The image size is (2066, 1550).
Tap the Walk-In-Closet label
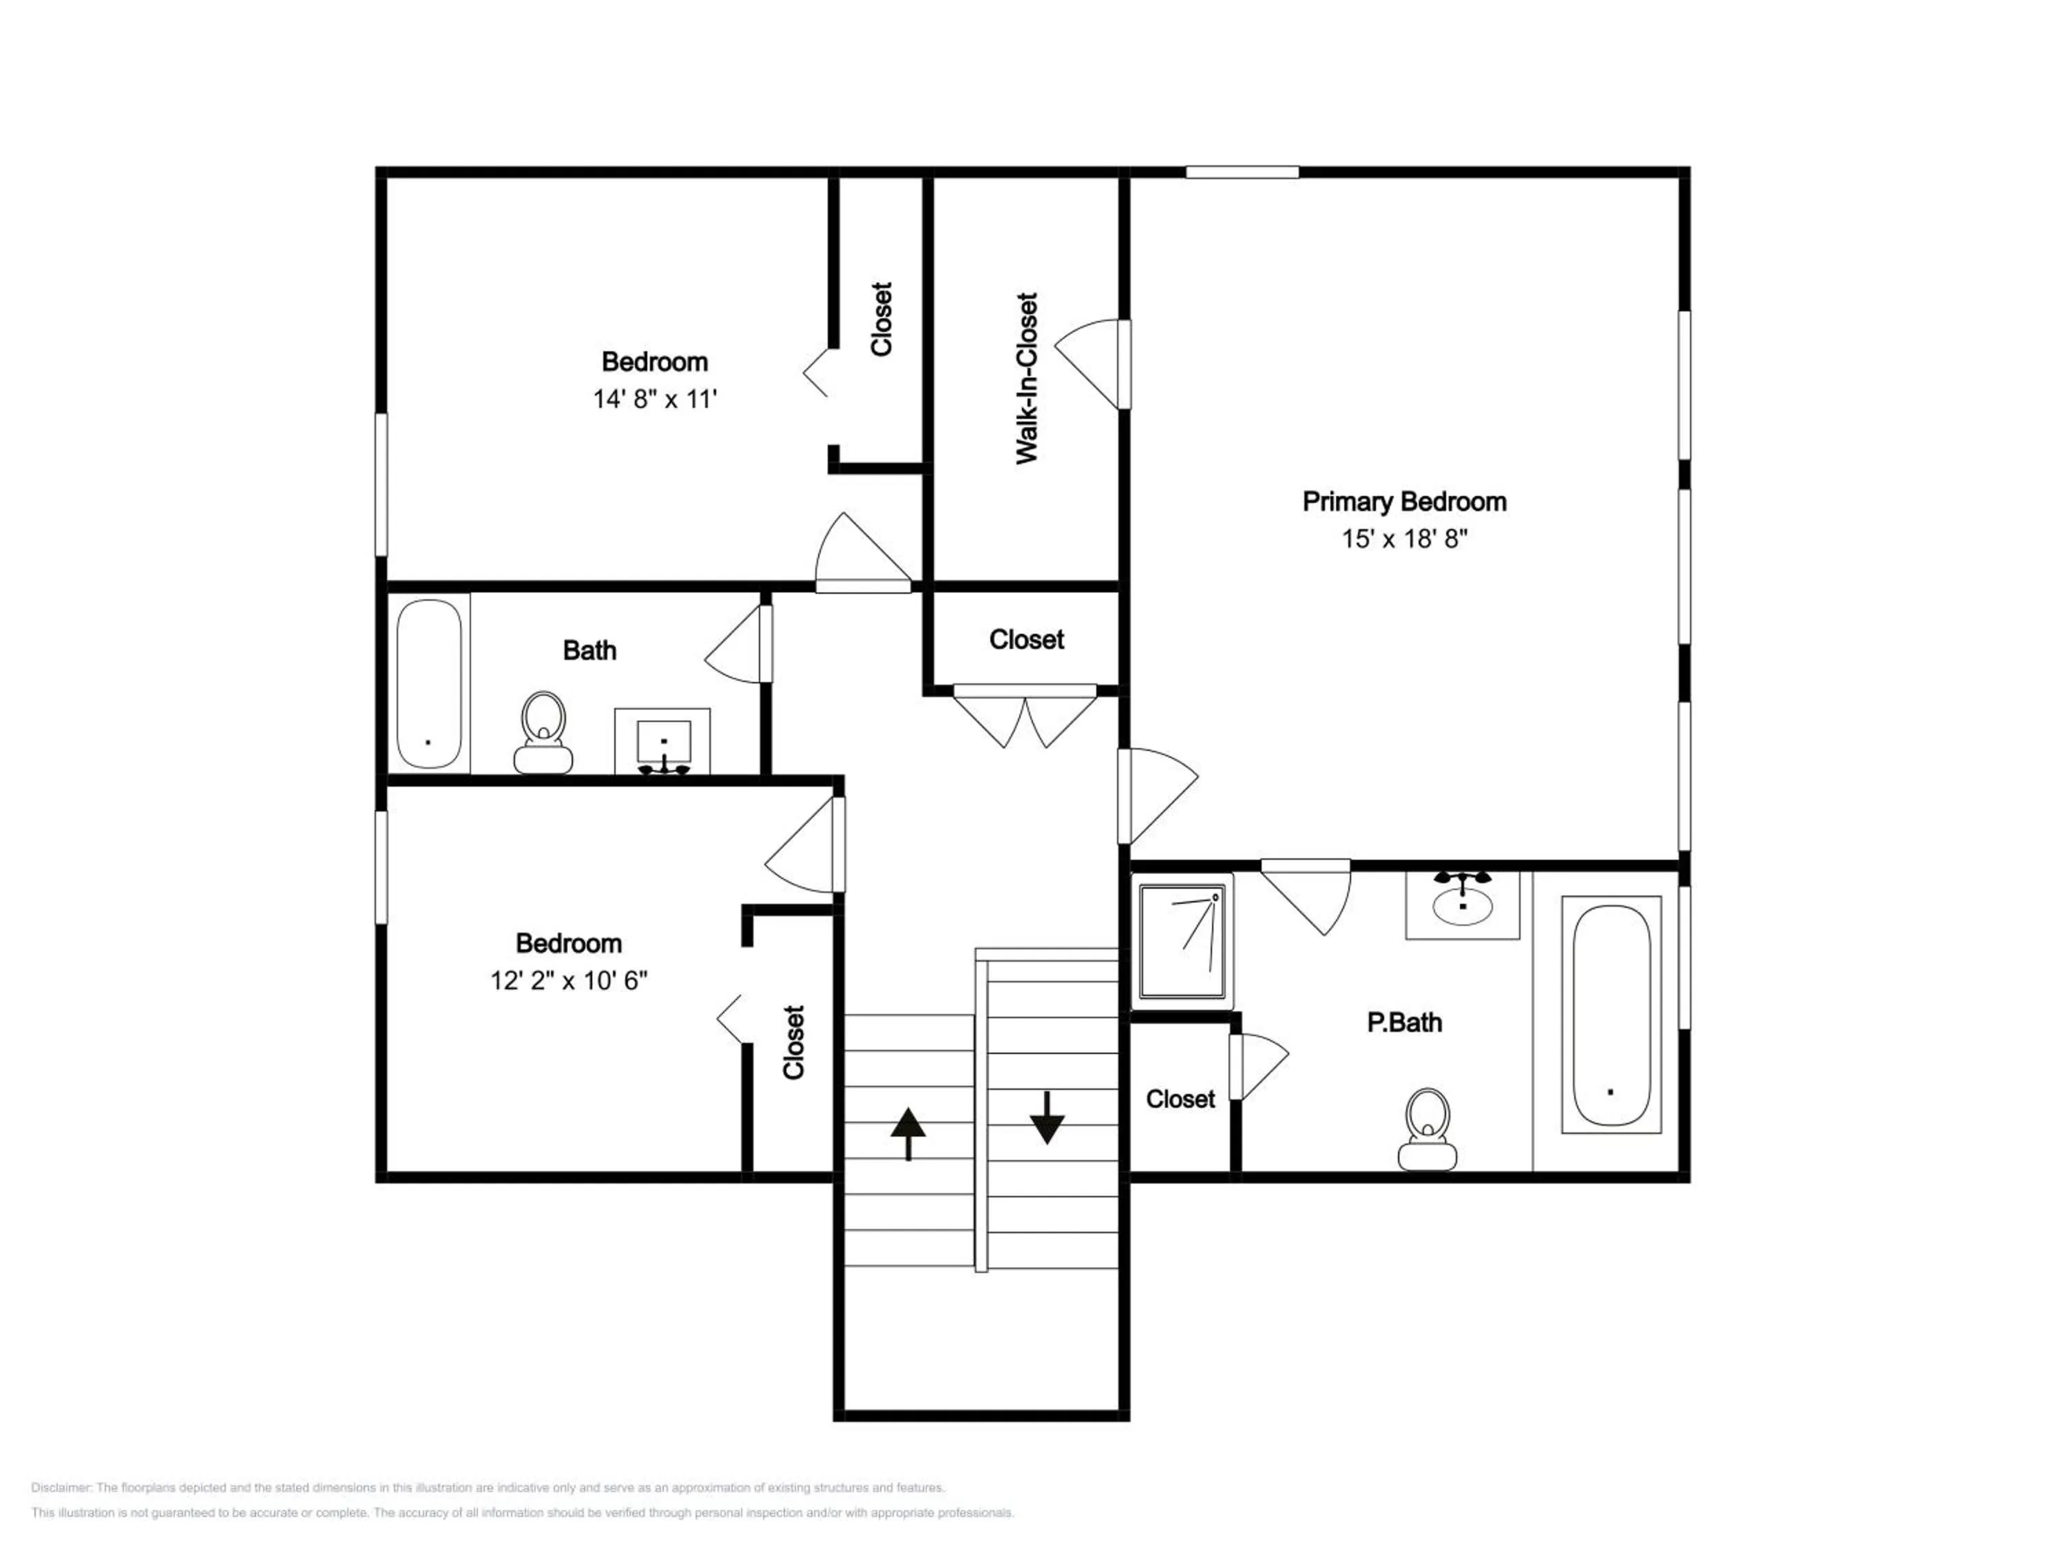coord(1027,378)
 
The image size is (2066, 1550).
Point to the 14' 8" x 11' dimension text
coord(655,400)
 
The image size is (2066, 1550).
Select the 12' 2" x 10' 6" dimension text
coord(569,980)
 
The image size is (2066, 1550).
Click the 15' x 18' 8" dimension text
coord(1405,539)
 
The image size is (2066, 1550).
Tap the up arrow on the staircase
coord(908,1133)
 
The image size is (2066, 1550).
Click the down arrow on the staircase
coord(1047,1117)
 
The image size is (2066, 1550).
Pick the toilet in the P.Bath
coord(1427,1128)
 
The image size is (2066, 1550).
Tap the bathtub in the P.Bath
coord(1611,1015)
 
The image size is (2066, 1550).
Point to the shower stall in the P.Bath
coord(1182,942)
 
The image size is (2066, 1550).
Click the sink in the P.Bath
coord(1463,902)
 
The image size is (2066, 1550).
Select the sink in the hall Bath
coord(663,742)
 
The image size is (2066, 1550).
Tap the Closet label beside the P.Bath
coord(1180,1099)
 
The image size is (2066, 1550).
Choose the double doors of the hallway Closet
coord(1025,718)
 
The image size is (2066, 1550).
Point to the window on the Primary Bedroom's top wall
coord(1242,172)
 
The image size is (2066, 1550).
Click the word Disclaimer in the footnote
coord(61,1487)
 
